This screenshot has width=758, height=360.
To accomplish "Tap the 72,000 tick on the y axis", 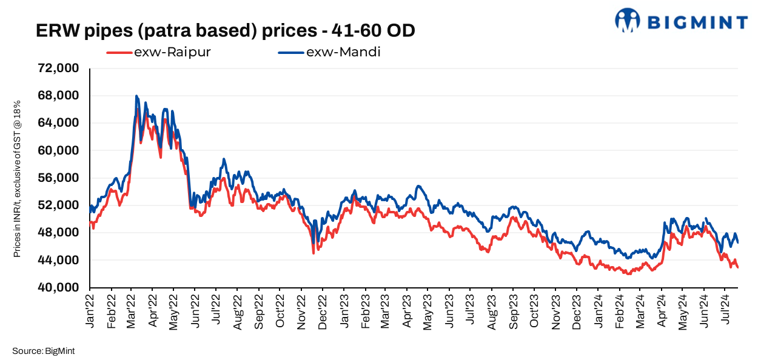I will [x=59, y=68].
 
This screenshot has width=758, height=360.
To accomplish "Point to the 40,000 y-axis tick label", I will [x=59, y=287].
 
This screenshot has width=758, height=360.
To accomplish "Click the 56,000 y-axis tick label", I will [x=59, y=178].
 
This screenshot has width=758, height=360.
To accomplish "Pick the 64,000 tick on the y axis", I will [x=59, y=123].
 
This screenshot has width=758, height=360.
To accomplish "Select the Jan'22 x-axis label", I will [x=92, y=312].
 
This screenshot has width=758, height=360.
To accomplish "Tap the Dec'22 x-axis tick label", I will [x=324, y=312].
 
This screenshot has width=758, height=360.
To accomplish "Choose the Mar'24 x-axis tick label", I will [x=640, y=312].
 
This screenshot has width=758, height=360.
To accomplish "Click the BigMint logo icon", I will [x=628, y=20].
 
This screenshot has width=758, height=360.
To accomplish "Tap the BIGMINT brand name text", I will [x=698, y=22].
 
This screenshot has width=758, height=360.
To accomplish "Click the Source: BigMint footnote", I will [x=42, y=350].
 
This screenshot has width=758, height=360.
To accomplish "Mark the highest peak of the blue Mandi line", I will [x=136, y=96].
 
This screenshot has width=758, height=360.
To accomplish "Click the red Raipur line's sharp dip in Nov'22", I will [x=313, y=253].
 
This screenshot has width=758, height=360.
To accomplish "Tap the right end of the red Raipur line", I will [x=737, y=267].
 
